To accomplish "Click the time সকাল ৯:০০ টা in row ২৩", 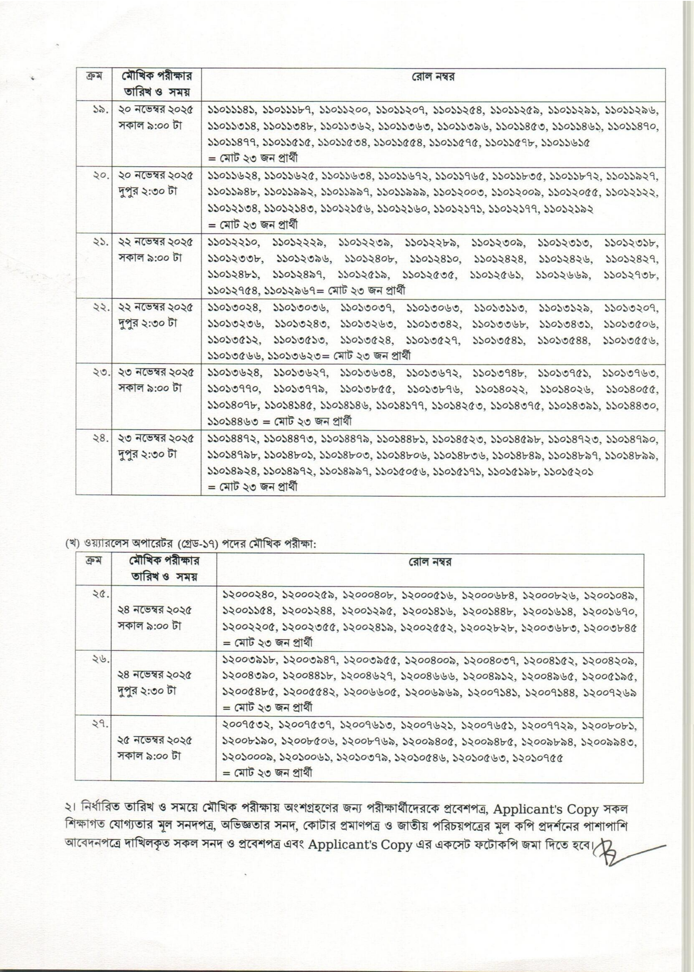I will [150, 388].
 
